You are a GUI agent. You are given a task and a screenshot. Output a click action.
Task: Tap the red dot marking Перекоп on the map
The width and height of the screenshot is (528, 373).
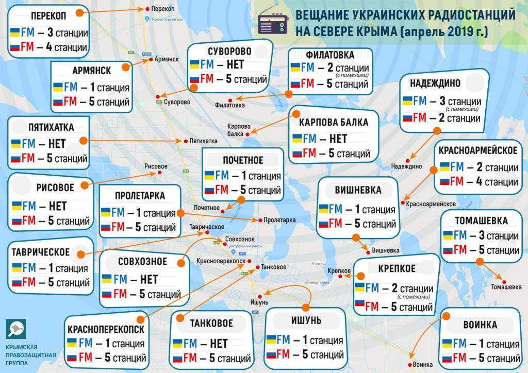[x=148, y=9]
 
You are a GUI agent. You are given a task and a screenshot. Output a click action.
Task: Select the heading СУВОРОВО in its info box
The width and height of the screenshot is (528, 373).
[x=229, y=51]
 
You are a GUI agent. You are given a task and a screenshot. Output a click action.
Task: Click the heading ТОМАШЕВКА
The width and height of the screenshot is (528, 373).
[x=481, y=221]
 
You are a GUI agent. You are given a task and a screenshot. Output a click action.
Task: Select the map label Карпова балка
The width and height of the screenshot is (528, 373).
[x=239, y=130]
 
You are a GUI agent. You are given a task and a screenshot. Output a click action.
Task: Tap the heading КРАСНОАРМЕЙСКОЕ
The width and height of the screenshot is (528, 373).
[x=478, y=150]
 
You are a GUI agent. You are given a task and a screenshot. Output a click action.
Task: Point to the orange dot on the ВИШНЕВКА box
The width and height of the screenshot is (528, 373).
[x=355, y=237]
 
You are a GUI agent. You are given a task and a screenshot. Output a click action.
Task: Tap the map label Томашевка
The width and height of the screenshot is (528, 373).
[x=506, y=286]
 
